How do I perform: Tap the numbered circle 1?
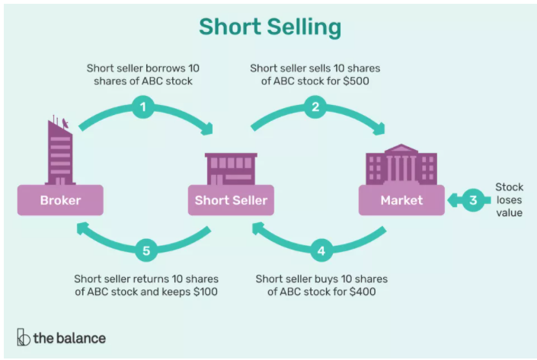[142, 107]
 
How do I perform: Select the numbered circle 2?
[315, 107]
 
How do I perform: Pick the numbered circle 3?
[472, 201]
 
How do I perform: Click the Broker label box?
[61, 201]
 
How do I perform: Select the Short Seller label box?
[231, 201]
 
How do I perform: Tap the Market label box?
[401, 201]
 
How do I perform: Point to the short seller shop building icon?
[231, 168]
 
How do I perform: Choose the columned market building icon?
[401, 164]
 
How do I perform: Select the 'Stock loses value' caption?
[508, 199]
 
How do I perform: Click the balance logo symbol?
[23, 337]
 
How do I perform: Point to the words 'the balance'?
[69, 337]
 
